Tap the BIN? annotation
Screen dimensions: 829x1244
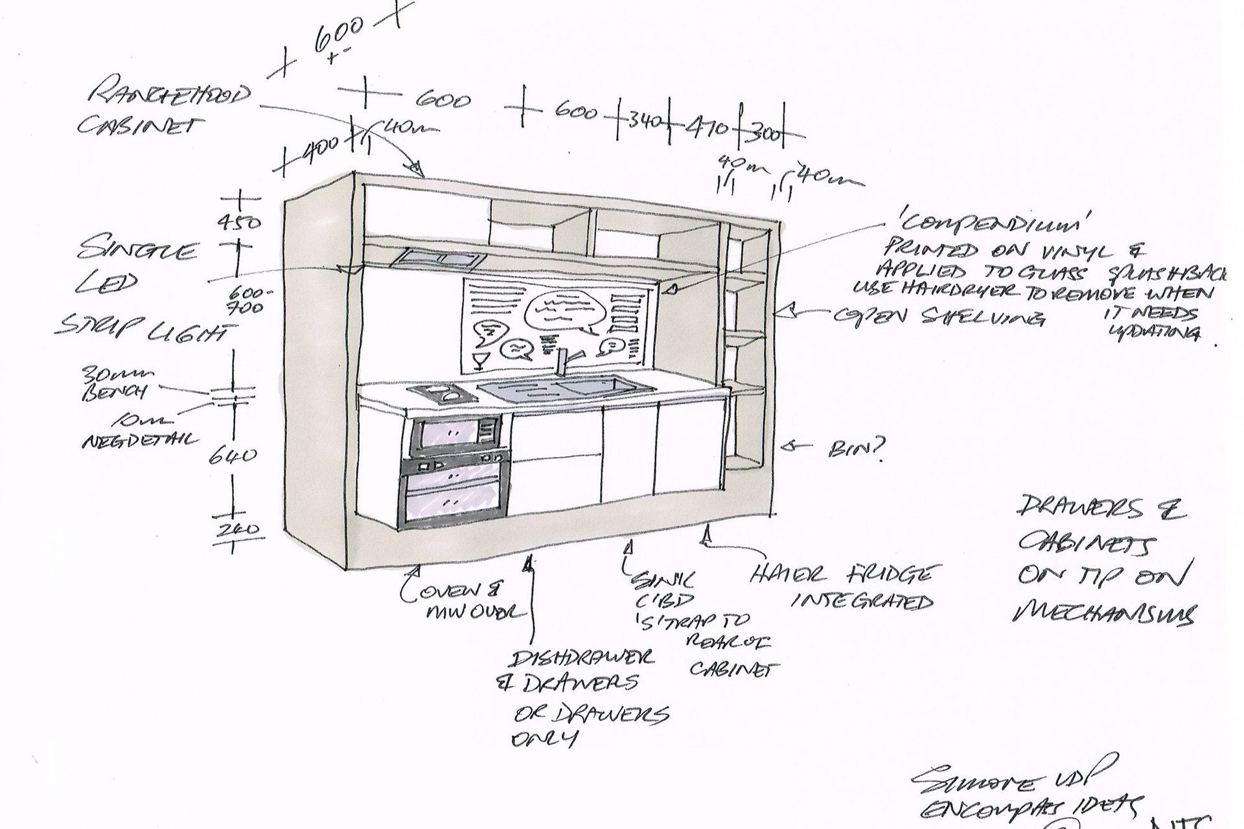click(857, 449)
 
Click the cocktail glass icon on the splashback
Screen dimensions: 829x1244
click(480, 360)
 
